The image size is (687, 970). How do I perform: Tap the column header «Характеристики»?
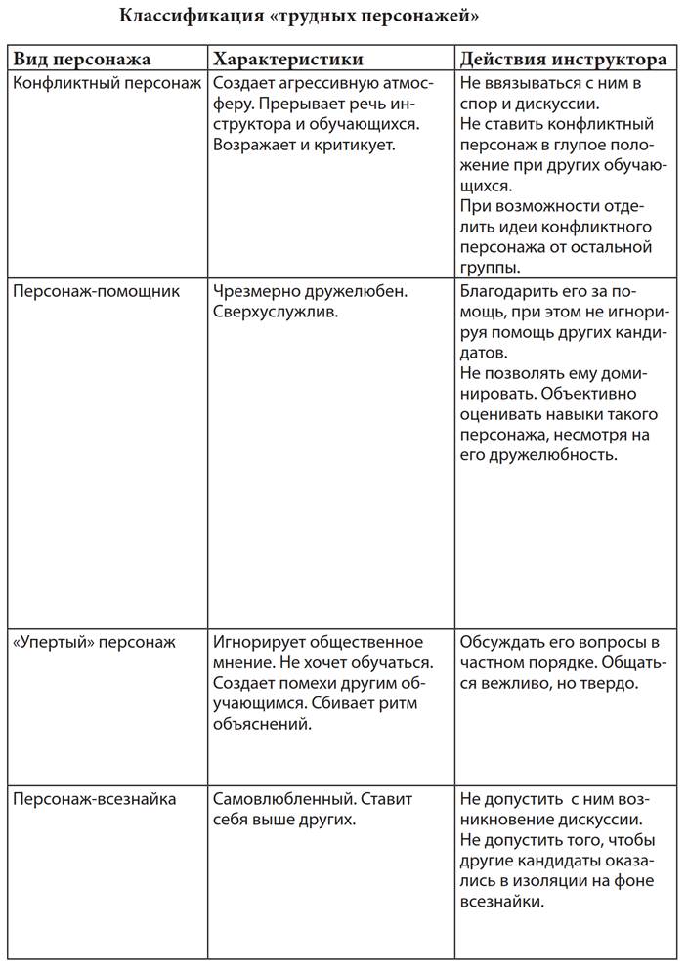[287, 59]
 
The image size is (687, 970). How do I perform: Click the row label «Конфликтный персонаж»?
[107, 83]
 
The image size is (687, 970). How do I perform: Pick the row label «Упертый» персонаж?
[94, 642]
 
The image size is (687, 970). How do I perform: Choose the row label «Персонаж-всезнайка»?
[95, 799]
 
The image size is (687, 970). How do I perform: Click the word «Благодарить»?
[507, 291]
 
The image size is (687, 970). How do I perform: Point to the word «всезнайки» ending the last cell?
[501, 902]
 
